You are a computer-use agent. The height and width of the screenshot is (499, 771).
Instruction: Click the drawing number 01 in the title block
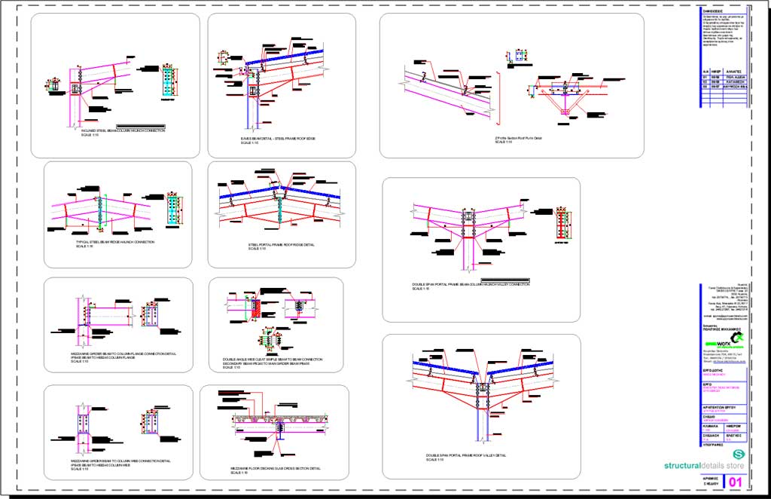point(736,482)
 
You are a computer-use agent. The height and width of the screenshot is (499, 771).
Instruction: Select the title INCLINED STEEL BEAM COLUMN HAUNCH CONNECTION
point(123,130)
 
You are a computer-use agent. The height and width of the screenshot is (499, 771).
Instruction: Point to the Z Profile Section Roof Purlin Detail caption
point(518,138)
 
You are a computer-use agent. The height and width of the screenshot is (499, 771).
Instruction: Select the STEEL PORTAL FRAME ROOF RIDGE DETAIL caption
point(282,245)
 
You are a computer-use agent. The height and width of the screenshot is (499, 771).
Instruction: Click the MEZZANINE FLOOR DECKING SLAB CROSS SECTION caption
point(275,468)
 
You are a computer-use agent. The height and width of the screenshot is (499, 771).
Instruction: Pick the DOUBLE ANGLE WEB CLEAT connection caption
point(272,360)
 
